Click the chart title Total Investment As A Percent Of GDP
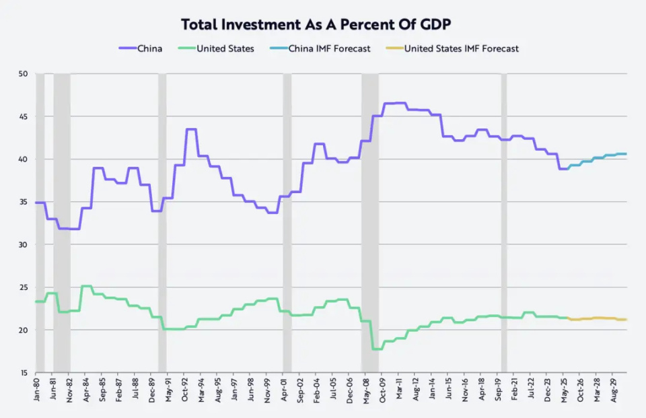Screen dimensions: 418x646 pyautogui.click(x=316, y=25)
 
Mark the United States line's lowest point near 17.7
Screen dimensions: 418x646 pyautogui.click(x=377, y=349)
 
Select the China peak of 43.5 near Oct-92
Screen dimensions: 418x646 pyautogui.click(x=191, y=129)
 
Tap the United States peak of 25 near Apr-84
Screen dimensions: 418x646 pyautogui.click(x=86, y=286)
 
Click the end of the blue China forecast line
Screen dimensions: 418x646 pyautogui.click(x=626, y=154)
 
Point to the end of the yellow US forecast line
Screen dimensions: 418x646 pyautogui.click(x=626, y=320)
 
